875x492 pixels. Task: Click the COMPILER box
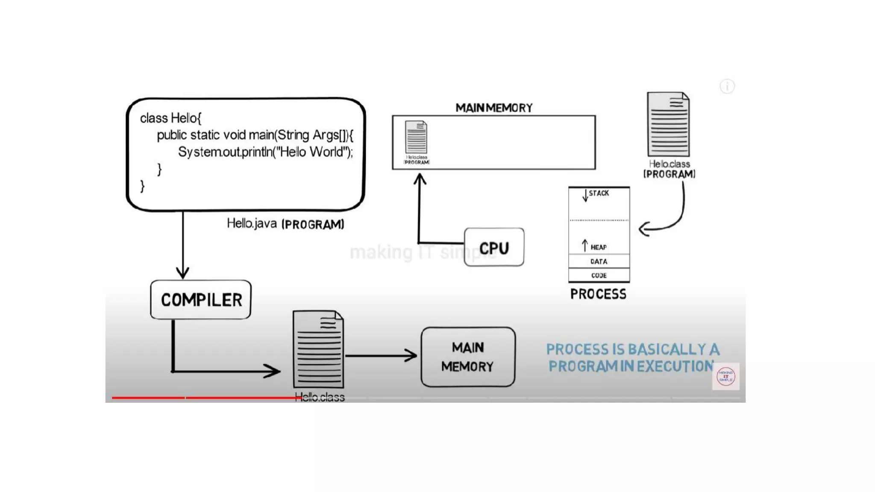pyautogui.click(x=201, y=299)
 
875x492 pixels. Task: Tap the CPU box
pyautogui.click(x=494, y=247)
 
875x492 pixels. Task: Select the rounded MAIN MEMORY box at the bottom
pyautogui.click(x=468, y=357)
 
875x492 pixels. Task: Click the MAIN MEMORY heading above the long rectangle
pyautogui.click(x=494, y=108)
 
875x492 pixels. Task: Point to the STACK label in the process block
pyautogui.click(x=599, y=193)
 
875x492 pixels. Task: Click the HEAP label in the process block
pyautogui.click(x=598, y=247)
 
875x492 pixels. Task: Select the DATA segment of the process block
pyautogui.click(x=599, y=261)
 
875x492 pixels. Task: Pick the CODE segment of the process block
pyautogui.click(x=599, y=275)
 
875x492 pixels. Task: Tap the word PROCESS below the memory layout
pyautogui.click(x=598, y=294)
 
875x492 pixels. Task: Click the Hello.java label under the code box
pyautogui.click(x=252, y=223)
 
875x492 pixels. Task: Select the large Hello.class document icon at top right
pyautogui.click(x=668, y=124)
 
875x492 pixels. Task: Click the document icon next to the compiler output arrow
pyautogui.click(x=318, y=349)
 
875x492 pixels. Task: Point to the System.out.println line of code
pyautogui.click(x=265, y=152)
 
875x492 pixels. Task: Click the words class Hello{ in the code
pyautogui.click(x=170, y=118)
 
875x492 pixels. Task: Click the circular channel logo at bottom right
pyautogui.click(x=725, y=376)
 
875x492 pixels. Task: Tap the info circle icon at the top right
pyautogui.click(x=727, y=86)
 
